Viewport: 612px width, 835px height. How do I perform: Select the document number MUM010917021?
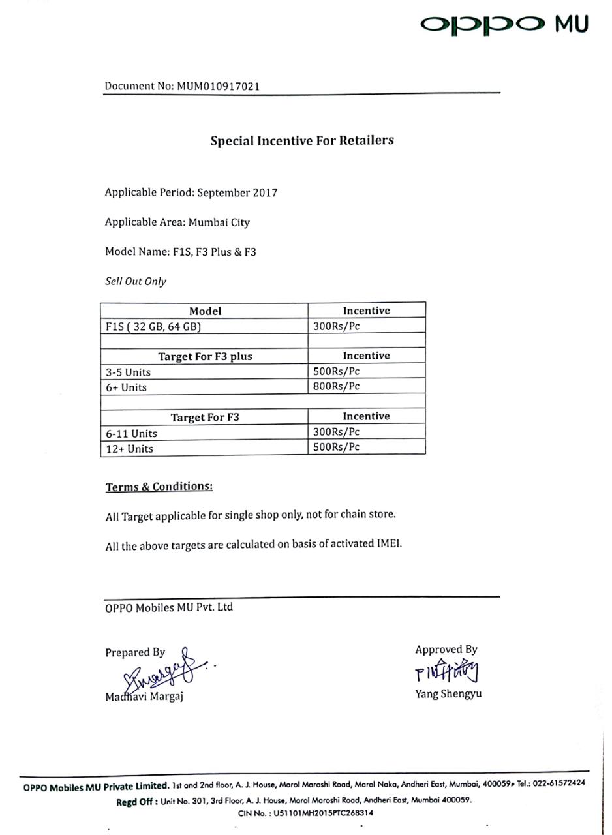pos(220,86)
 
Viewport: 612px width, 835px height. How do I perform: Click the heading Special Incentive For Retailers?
pos(302,140)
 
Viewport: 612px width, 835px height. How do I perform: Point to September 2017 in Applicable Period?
pos(237,193)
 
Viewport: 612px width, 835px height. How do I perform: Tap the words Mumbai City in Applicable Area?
pos(219,222)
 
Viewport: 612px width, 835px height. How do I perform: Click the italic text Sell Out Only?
pos(136,282)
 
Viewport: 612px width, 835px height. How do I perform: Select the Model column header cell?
pos(205,311)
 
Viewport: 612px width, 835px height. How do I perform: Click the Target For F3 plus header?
pos(205,356)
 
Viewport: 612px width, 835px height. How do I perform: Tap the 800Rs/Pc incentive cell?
pos(366,386)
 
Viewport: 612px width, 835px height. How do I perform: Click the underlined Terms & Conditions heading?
pos(159,487)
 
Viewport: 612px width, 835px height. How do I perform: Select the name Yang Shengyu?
pos(448,694)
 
